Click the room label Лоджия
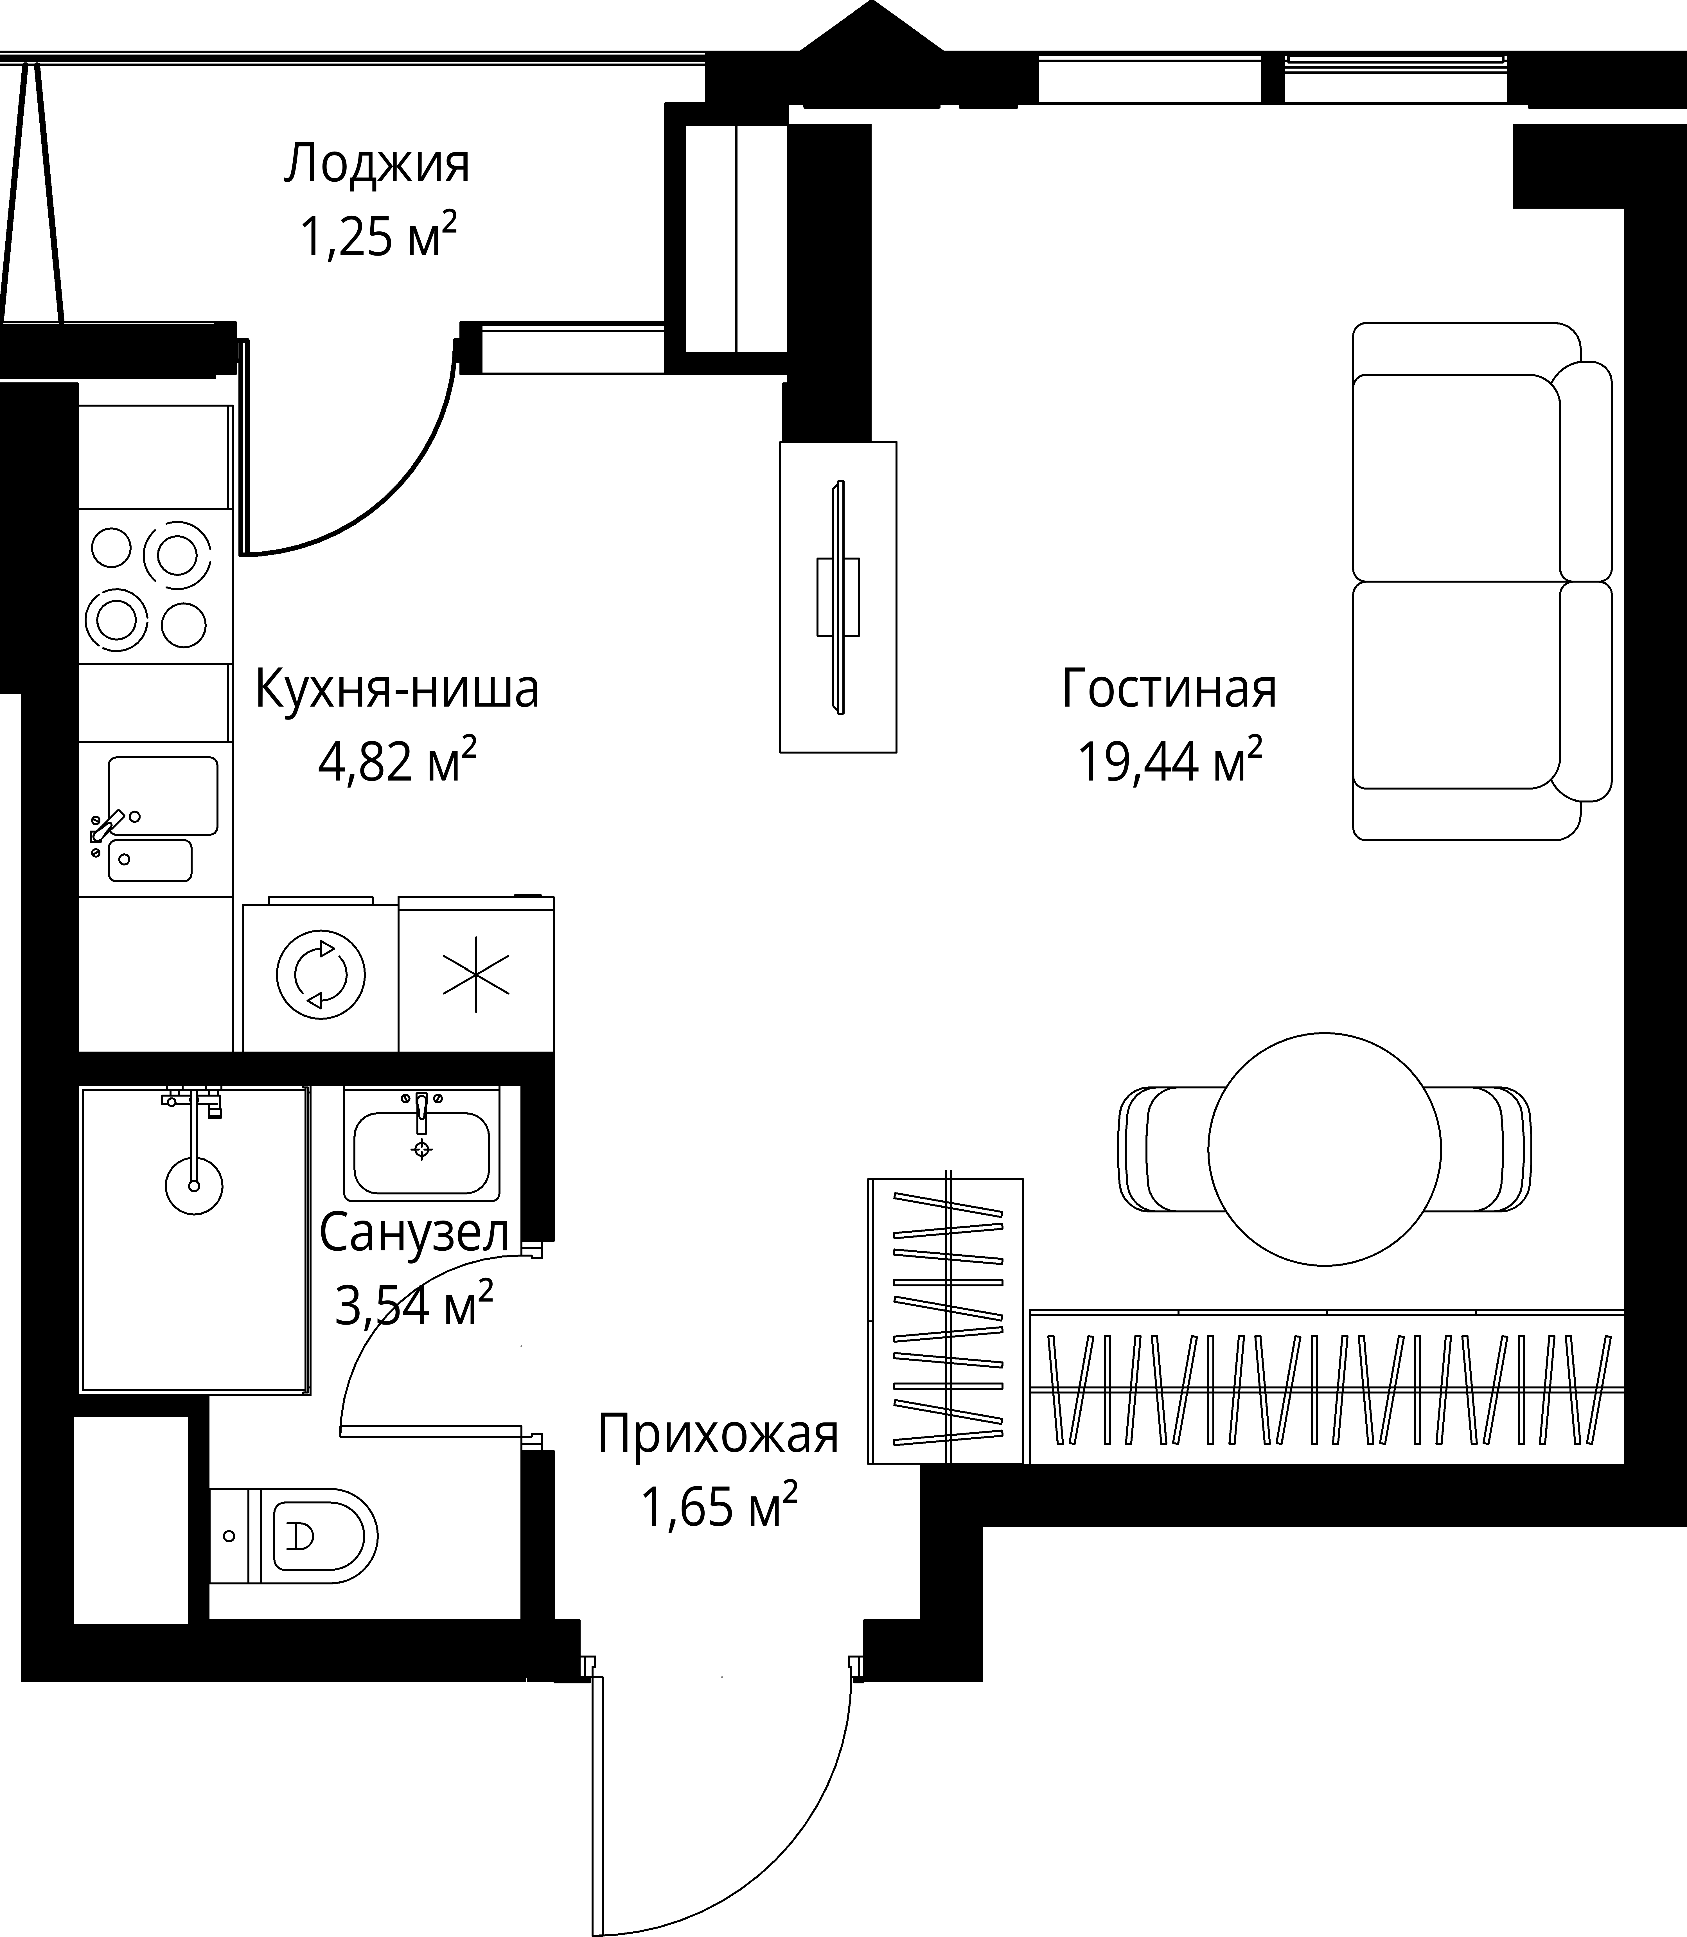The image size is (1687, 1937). click(376, 165)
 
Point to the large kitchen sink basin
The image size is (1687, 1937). click(163, 795)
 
